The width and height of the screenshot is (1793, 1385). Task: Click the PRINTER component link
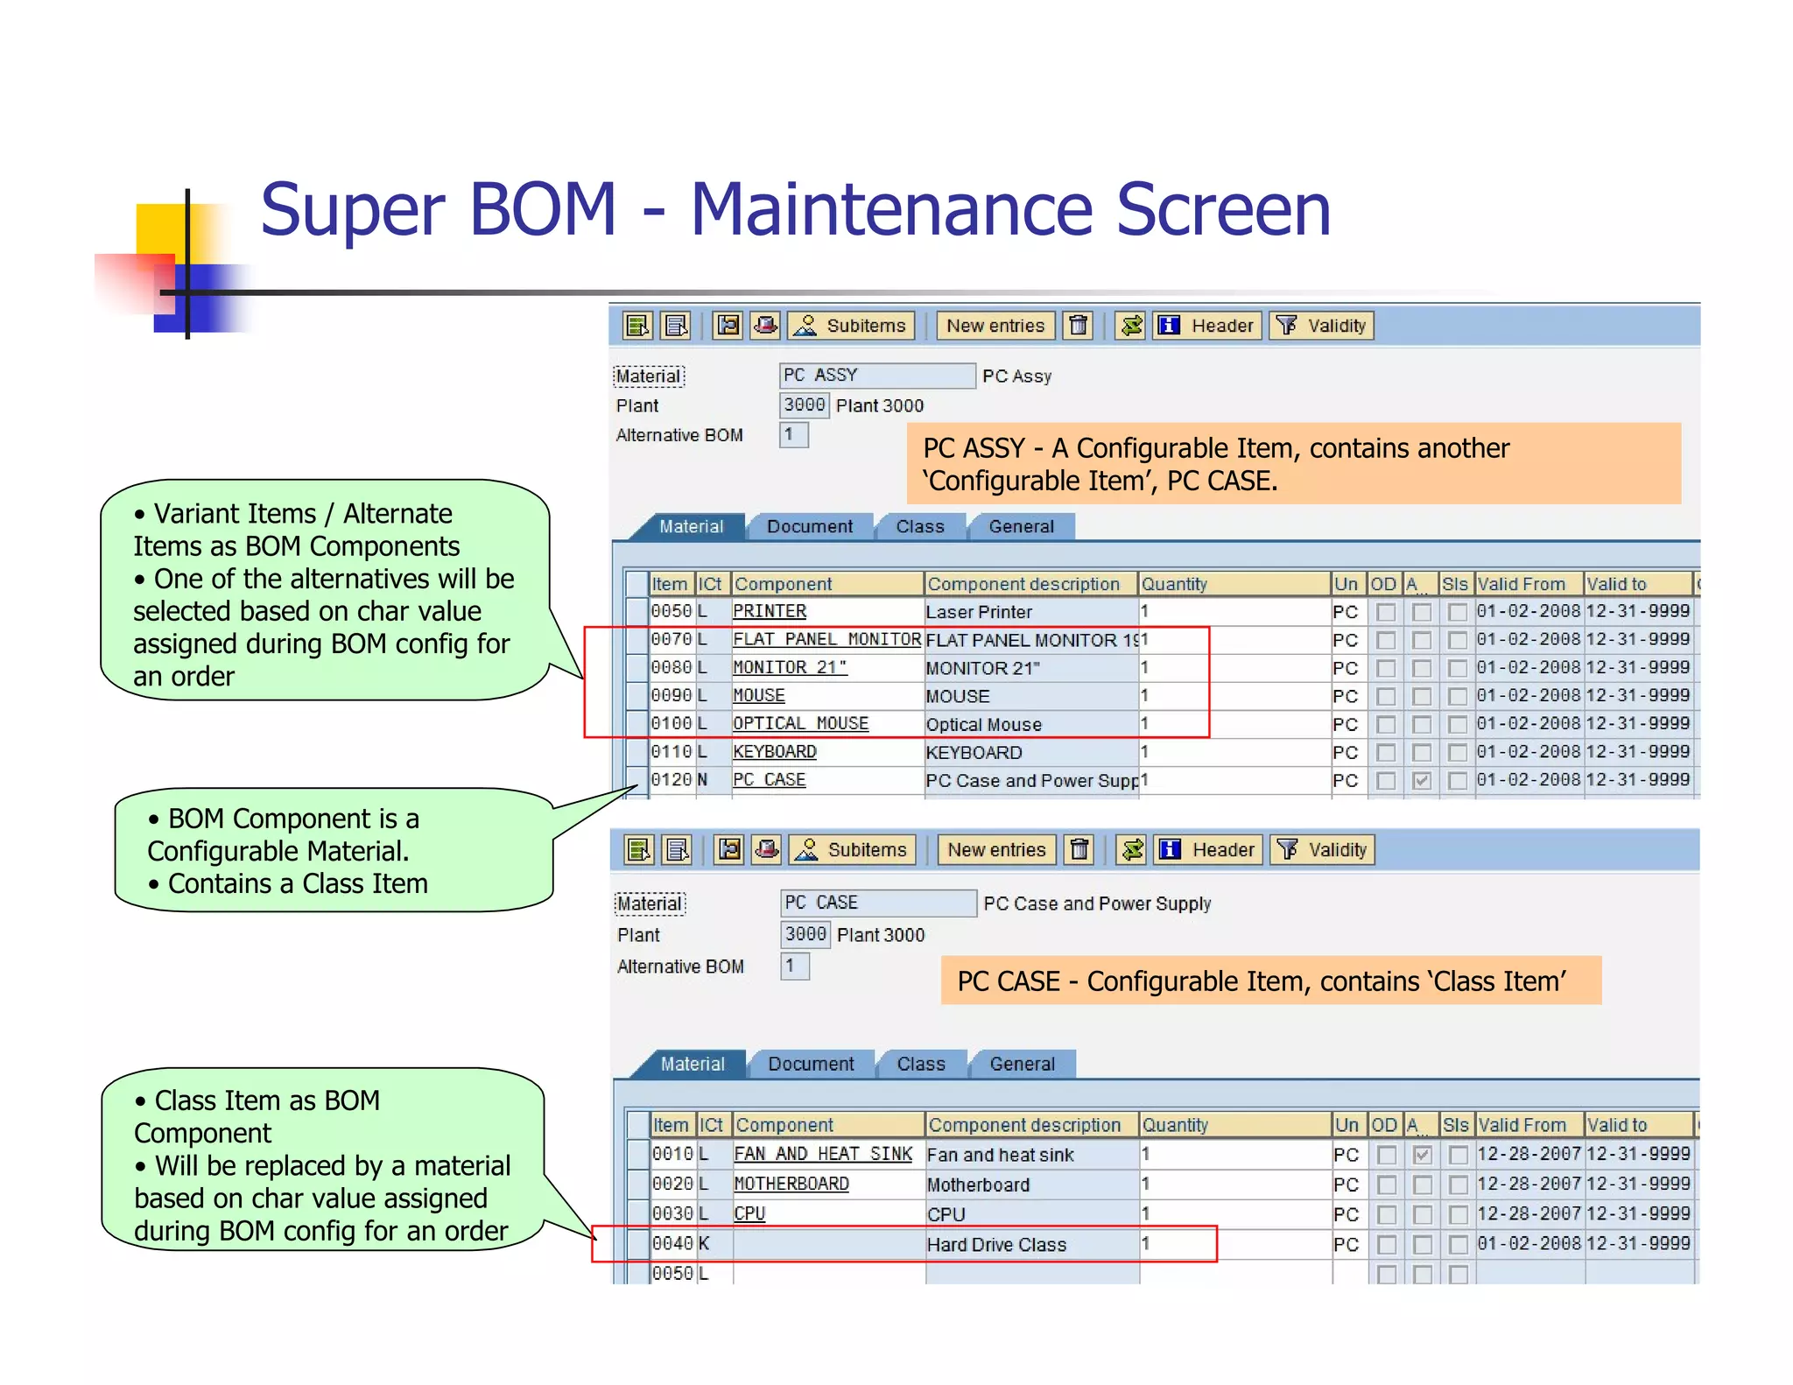click(769, 611)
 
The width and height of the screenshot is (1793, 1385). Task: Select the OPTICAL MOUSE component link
click(800, 723)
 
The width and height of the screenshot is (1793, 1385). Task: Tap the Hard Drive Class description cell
click(996, 1244)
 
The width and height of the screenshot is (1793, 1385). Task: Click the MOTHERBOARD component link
click(791, 1184)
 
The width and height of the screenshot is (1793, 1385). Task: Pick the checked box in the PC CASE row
click(1422, 780)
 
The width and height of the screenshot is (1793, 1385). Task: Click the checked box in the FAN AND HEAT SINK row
click(1423, 1155)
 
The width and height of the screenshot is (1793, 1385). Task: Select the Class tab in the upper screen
click(919, 526)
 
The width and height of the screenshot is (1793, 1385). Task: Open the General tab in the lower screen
click(1022, 1064)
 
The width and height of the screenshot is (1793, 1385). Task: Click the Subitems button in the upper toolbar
click(852, 326)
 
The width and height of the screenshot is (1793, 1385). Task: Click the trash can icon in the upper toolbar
click(1079, 326)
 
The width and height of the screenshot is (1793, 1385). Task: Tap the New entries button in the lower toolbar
click(996, 849)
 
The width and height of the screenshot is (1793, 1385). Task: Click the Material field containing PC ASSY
click(875, 376)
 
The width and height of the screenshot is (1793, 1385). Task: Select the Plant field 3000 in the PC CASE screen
click(805, 934)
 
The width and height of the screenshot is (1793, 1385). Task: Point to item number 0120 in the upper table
click(671, 779)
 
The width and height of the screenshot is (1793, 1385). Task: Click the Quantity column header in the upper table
click(1173, 584)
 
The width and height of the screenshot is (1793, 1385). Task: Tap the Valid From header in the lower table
click(1521, 1125)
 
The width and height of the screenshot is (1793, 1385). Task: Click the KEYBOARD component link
click(774, 751)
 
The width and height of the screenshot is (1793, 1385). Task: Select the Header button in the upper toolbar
click(1208, 326)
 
